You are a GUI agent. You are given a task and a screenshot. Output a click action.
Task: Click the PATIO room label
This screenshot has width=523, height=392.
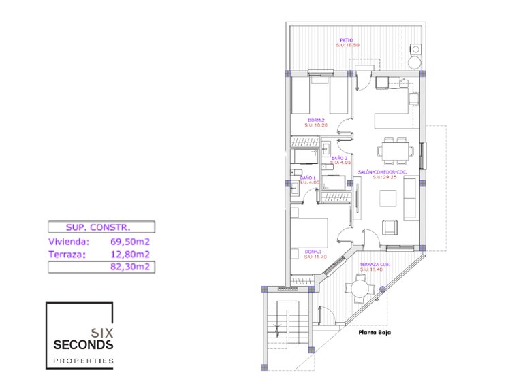347,40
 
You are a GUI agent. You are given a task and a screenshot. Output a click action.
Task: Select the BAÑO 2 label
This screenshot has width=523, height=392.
340,158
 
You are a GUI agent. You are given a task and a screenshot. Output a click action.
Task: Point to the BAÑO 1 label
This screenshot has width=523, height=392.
308,178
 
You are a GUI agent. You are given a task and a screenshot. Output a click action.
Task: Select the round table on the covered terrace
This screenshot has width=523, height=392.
360,289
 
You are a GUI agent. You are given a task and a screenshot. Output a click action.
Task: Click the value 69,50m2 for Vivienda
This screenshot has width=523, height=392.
129,241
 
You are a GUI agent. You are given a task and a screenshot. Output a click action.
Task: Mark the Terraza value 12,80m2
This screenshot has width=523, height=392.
129,255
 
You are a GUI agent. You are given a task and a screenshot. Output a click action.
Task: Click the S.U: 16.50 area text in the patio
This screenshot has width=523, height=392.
347,46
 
